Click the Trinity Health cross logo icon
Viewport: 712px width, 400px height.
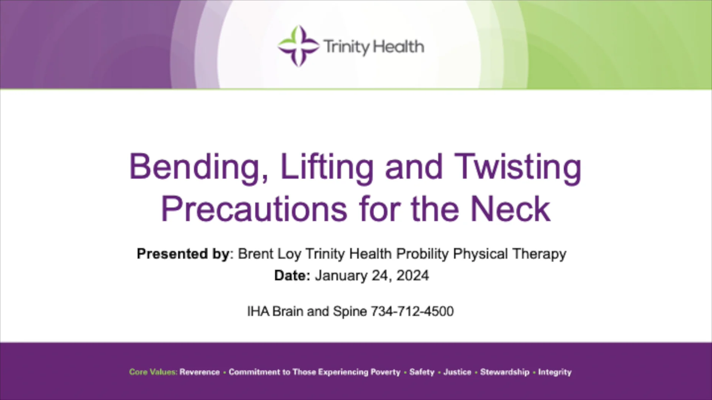[298, 46]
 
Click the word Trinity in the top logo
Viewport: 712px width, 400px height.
[346, 47]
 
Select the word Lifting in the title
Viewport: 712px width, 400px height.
[327, 167]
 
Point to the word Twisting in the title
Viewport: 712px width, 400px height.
[518, 167]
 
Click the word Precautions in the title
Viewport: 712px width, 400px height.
[254, 209]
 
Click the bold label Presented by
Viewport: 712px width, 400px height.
[183, 254]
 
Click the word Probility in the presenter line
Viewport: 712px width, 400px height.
[422, 254]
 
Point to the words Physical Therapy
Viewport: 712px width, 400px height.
[510, 254]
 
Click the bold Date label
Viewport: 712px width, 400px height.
[292, 276]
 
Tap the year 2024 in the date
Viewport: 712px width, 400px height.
[412, 276]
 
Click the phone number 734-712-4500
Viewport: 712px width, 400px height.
[412, 311]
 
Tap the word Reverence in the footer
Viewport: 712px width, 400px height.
[200, 372]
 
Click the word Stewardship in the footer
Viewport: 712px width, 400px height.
[504, 372]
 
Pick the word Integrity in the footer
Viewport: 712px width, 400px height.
[555, 372]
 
